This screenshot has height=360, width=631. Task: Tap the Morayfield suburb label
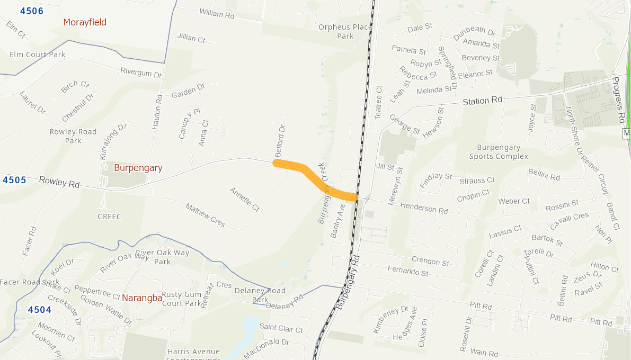tap(85, 22)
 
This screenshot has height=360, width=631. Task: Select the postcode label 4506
tap(32, 11)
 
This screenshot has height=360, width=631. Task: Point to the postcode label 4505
tap(14, 180)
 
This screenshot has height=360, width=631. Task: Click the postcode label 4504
tap(40, 310)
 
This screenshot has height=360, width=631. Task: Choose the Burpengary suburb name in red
tap(138, 168)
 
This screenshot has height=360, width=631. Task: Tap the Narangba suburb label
tap(142, 298)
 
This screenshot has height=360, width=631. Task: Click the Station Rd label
tap(482, 100)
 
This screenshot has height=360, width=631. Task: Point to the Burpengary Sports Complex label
tap(499, 152)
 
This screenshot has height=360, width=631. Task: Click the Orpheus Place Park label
tap(337, 31)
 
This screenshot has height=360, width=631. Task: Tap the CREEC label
tap(109, 217)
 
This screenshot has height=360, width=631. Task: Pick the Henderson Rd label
tap(424, 208)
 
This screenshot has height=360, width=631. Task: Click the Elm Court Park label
tap(38, 55)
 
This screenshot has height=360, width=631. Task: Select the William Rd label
tap(217, 14)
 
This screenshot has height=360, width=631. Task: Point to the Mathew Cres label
tap(205, 215)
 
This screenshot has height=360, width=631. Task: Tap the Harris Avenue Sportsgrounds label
tap(193, 353)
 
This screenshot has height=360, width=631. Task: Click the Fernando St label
tap(408, 272)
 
